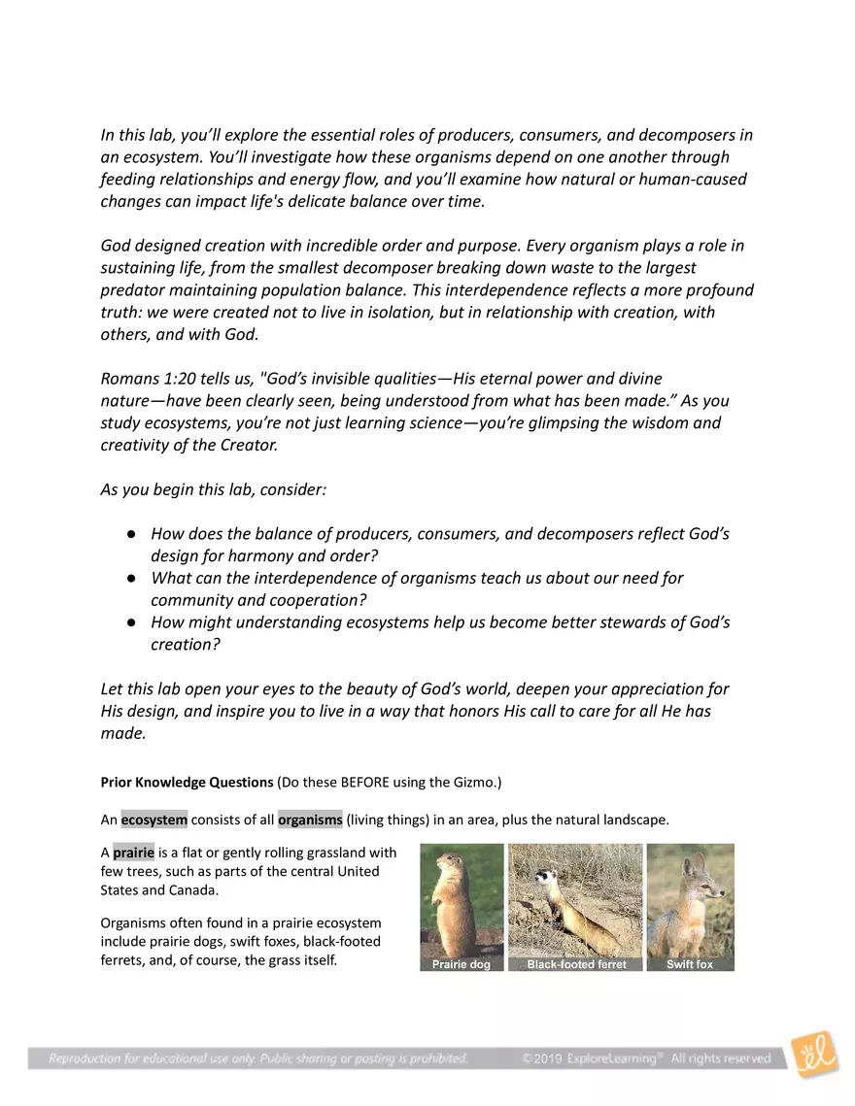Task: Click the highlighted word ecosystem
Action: [x=154, y=820]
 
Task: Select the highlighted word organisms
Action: [x=310, y=820]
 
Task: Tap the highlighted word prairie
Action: [x=133, y=854]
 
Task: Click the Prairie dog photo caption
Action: [x=462, y=964]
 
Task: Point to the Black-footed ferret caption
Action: [x=576, y=964]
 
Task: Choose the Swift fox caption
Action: [x=690, y=964]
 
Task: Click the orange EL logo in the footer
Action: [x=814, y=1055]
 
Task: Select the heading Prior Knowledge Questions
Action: [x=188, y=783]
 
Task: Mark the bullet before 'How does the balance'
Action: [x=130, y=535]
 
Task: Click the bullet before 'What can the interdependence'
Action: [x=130, y=579]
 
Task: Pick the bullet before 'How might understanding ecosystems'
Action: [x=130, y=623]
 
